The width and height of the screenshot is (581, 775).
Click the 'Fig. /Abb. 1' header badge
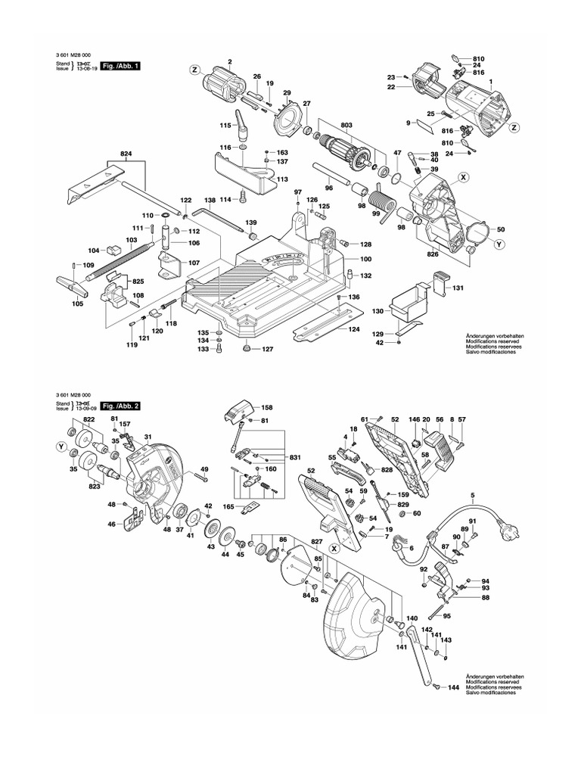(120, 66)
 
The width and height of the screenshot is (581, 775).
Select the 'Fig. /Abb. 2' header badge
(120, 406)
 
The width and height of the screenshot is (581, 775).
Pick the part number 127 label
(267, 350)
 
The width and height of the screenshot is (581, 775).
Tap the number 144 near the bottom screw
(453, 688)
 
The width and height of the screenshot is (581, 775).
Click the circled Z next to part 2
(194, 70)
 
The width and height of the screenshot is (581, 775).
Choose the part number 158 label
(266, 408)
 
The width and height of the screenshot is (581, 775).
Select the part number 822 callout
(89, 419)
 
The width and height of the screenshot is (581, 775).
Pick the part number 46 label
(111, 524)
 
